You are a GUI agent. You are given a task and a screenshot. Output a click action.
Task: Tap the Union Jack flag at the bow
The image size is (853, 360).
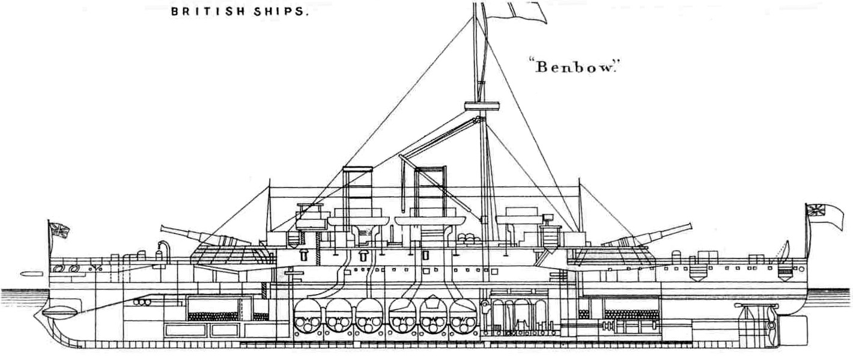click(x=59, y=230)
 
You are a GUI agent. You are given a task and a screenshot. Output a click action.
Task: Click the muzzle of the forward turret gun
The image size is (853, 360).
click(x=164, y=228)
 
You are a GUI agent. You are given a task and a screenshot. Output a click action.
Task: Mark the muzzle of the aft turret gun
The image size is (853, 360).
click(x=688, y=227)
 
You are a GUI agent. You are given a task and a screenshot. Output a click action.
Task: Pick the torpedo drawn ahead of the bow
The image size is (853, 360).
click(x=28, y=273)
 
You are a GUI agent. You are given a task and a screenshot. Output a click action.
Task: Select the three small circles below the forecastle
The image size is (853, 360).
click(x=142, y=302)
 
